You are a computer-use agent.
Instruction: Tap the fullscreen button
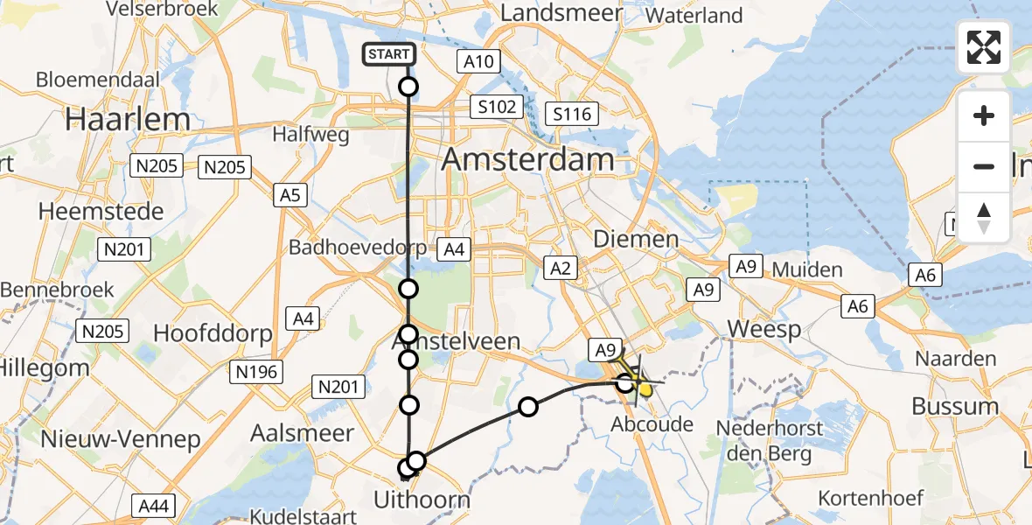(984, 47)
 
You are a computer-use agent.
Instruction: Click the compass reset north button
(984, 218)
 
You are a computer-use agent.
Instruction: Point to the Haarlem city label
(115, 119)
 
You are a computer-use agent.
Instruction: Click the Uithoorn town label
(422, 500)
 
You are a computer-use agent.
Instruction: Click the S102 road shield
(498, 108)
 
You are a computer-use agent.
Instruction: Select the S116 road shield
(572, 113)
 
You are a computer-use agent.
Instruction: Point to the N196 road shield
(256, 372)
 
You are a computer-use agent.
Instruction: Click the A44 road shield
(154, 505)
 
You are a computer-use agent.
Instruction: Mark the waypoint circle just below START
(408, 86)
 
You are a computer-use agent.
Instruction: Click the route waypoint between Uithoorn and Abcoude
(528, 406)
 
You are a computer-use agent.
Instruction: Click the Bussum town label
(954, 406)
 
